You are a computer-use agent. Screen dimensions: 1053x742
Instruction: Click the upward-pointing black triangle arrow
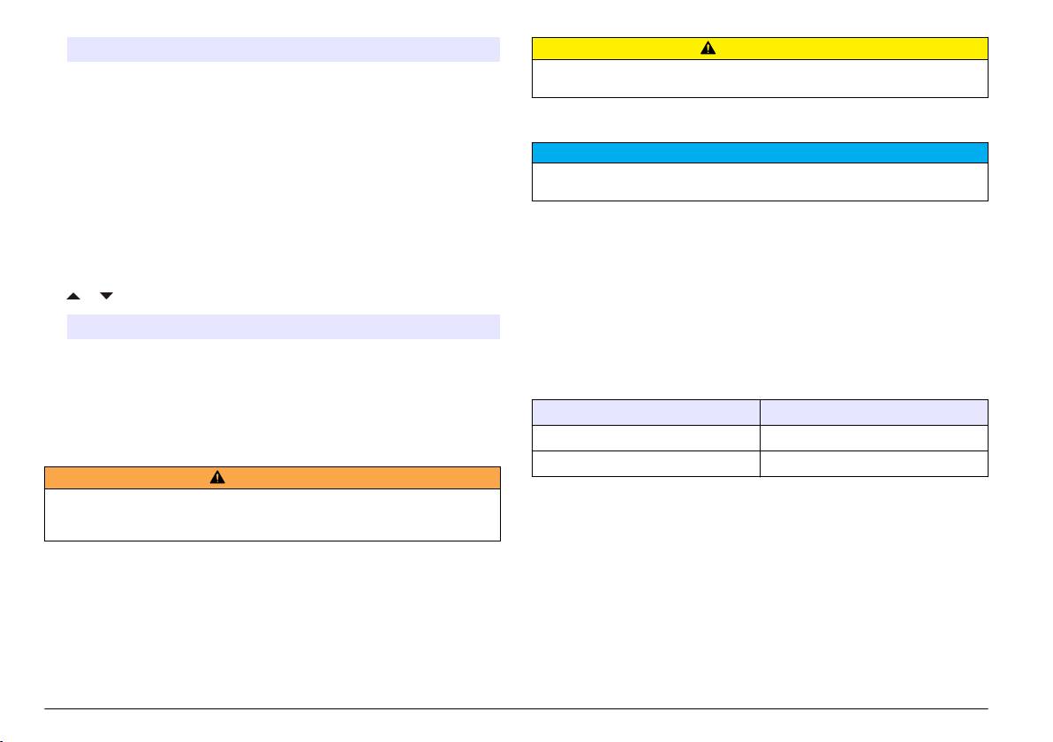pyautogui.click(x=73, y=296)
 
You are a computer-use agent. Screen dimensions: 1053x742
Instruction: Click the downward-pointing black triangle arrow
pyautogui.click(x=107, y=296)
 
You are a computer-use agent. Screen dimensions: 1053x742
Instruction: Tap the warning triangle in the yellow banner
pyautogui.click(x=759, y=49)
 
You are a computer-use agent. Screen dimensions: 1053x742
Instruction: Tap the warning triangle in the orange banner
pyautogui.click(x=217, y=477)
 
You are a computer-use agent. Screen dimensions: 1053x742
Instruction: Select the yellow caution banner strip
pyautogui.click(x=618, y=49)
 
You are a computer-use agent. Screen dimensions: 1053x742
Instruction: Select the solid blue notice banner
pyautogui.click(x=759, y=153)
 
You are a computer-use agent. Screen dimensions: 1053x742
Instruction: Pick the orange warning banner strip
pyautogui.click(x=353, y=477)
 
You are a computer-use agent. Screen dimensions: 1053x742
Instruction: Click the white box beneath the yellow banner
pyautogui.click(x=759, y=78)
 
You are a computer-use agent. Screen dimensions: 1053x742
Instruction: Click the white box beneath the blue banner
pyautogui.click(x=759, y=182)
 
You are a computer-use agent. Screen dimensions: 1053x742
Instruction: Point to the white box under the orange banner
pyautogui.click(x=272, y=514)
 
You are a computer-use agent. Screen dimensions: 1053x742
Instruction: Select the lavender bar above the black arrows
pyautogui.click(x=284, y=49)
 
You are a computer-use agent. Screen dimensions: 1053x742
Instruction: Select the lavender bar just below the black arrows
pyautogui.click(x=284, y=327)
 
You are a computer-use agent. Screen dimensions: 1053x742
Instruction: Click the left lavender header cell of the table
pyautogui.click(x=646, y=413)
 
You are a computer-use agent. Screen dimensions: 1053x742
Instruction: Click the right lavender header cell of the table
pyautogui.click(x=874, y=413)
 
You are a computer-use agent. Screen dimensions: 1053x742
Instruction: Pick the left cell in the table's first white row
pyautogui.click(x=646, y=438)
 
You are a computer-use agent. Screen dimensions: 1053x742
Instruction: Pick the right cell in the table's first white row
pyautogui.click(x=874, y=438)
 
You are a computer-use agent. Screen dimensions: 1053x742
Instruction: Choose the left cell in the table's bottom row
pyautogui.click(x=646, y=464)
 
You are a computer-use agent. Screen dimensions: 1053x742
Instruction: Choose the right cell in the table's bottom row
pyautogui.click(x=874, y=464)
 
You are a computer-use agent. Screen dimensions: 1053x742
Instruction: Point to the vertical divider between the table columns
pyautogui.click(x=760, y=438)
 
